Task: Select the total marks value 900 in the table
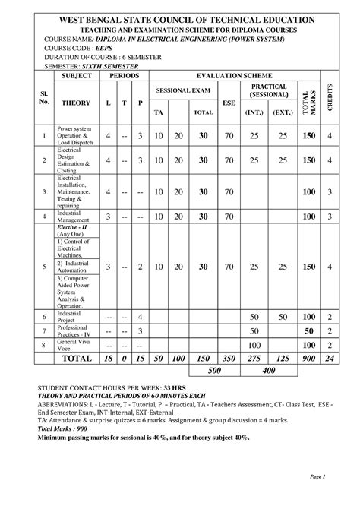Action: point(308,359)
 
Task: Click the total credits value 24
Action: point(329,359)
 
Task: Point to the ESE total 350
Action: point(228,359)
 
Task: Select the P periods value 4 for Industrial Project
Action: point(141,316)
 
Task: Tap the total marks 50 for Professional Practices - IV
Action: point(308,331)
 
